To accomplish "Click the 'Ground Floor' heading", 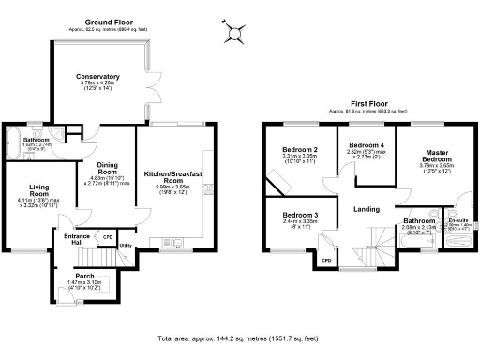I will [x=108, y=22].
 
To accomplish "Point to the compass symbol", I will [x=232, y=35].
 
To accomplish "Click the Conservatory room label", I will [x=98, y=77].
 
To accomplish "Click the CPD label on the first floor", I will [x=326, y=260].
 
